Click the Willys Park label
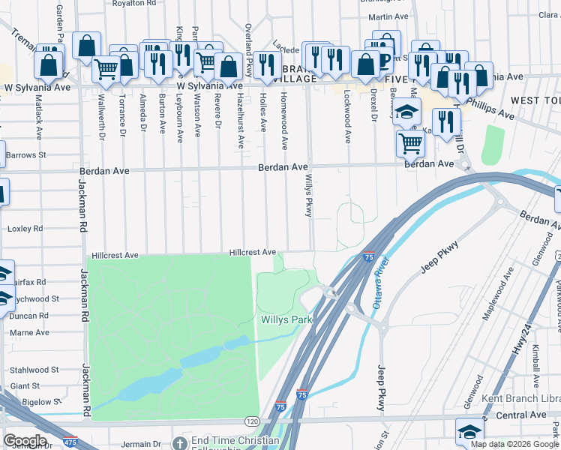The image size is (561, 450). pyautogui.click(x=286, y=320)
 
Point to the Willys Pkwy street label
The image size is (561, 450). pyautogui.click(x=308, y=196)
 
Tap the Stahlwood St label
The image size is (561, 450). pyautogui.click(x=34, y=370)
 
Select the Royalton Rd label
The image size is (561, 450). pyautogui.click(x=134, y=4)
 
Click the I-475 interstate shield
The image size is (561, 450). pyautogui.click(x=70, y=442)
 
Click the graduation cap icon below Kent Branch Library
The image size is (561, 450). pyautogui.click(x=469, y=432)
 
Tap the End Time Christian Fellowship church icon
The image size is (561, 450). pyautogui.click(x=180, y=443)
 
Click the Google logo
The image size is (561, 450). pyautogui.click(x=25, y=442)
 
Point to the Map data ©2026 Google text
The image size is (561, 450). pyautogui.click(x=514, y=444)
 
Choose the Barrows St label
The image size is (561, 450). pyautogui.click(x=26, y=155)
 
